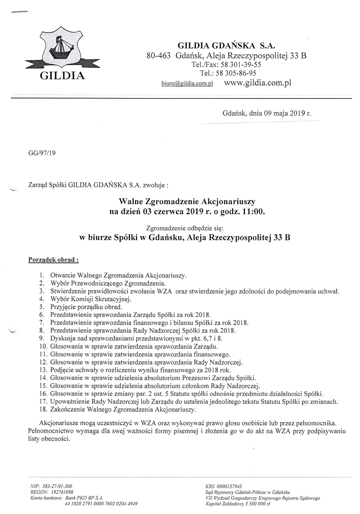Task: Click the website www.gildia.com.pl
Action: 257,82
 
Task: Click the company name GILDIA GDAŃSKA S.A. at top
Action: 223,46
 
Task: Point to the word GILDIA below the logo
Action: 62,76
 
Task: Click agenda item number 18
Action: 43,409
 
